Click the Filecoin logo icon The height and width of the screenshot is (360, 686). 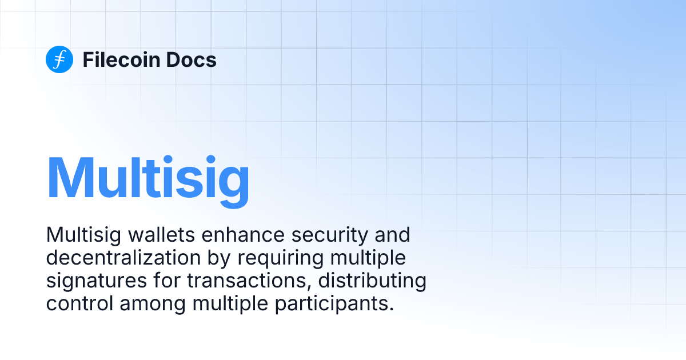[x=59, y=59]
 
